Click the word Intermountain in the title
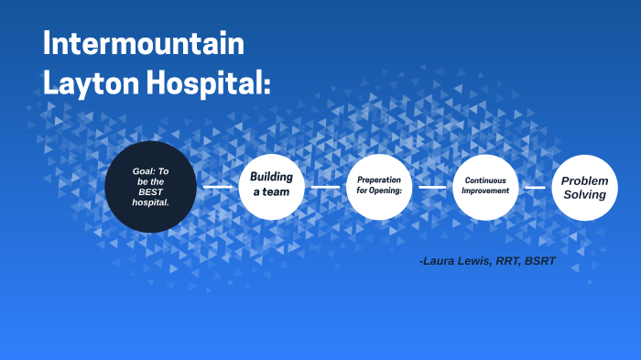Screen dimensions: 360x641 [x=144, y=44]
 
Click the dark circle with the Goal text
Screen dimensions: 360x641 [x=150, y=186]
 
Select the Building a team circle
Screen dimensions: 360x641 [x=270, y=186]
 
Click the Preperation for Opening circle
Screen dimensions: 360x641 [x=379, y=186]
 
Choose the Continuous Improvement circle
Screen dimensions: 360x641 [x=485, y=186]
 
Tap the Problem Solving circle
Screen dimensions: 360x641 [x=584, y=187]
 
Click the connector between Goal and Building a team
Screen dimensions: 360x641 [x=218, y=187]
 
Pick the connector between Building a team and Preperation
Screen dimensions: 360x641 [x=325, y=187]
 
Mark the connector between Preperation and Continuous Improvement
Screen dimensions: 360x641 [x=432, y=187]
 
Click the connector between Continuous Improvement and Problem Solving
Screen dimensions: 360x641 [x=535, y=187]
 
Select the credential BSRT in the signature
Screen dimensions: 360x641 [x=539, y=262]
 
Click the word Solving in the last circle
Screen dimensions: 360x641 [x=584, y=194]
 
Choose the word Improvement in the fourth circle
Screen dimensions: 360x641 [x=485, y=191]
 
